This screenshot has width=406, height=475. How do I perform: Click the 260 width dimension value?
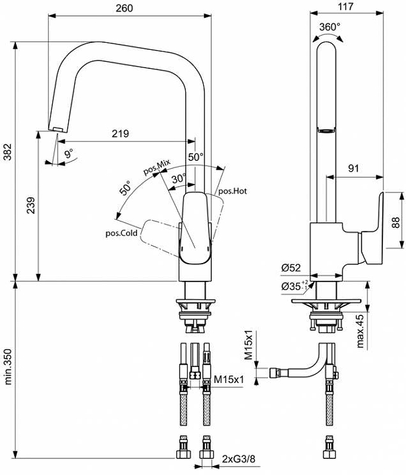pos(124,8)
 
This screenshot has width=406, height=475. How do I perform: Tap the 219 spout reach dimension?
pos(120,134)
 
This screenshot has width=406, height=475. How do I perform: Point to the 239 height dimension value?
pos(31,205)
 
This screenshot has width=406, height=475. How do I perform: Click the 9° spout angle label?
pos(69,153)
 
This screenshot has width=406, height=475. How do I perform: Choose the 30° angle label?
pos(179,179)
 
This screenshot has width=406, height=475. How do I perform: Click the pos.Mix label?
pos(157,167)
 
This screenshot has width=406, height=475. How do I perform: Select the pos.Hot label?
pos(233,191)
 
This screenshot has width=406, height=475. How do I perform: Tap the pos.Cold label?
pos(122,233)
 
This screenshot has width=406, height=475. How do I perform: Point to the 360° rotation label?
pos(329,27)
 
